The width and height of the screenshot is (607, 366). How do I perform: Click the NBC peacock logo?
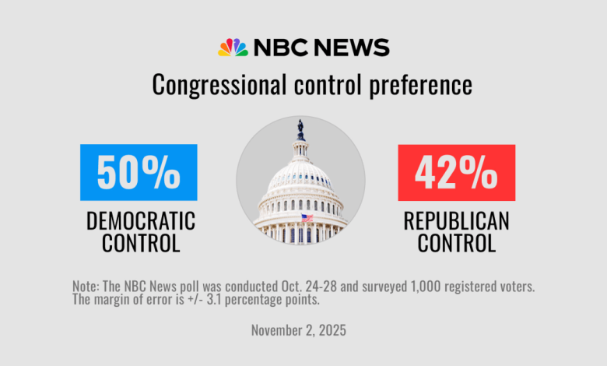(233, 48)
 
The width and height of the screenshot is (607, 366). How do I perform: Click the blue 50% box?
(139, 172)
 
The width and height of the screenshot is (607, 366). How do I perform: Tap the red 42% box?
(456, 172)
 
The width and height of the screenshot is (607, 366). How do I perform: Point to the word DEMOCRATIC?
(141, 221)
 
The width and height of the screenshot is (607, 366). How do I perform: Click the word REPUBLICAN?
(456, 221)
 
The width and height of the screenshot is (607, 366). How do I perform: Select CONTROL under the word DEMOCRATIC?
(141, 243)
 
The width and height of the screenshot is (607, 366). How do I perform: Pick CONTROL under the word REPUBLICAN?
(456, 243)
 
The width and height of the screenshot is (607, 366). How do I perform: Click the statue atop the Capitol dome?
(300, 128)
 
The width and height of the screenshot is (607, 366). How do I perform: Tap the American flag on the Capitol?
(307, 219)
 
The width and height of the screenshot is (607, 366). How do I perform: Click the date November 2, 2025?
(299, 330)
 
